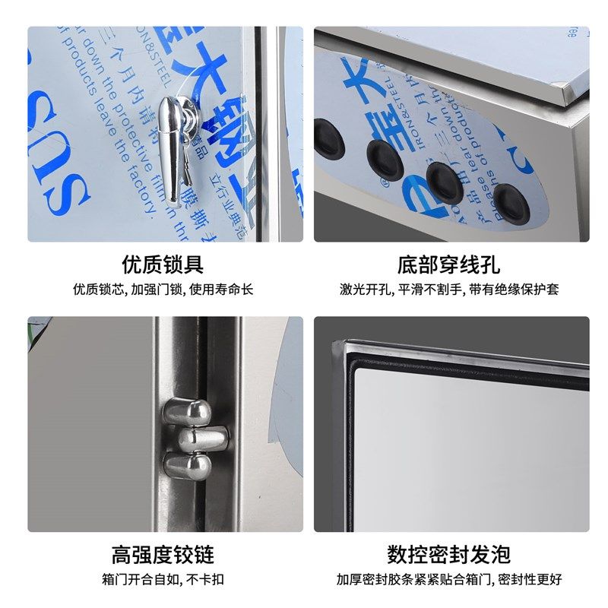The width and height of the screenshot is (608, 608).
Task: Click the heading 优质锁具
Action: (x=163, y=264)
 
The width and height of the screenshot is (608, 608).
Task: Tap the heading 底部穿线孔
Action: (x=448, y=264)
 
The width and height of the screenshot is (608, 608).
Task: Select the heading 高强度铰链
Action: (x=163, y=553)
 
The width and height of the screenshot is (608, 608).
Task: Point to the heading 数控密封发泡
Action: (x=448, y=553)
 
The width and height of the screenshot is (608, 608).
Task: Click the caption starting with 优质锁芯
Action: (x=163, y=290)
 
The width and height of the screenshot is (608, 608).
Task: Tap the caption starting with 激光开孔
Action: (x=449, y=290)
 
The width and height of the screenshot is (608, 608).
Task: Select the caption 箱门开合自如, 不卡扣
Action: (x=163, y=579)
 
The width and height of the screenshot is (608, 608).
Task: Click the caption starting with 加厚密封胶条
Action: (x=449, y=579)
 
